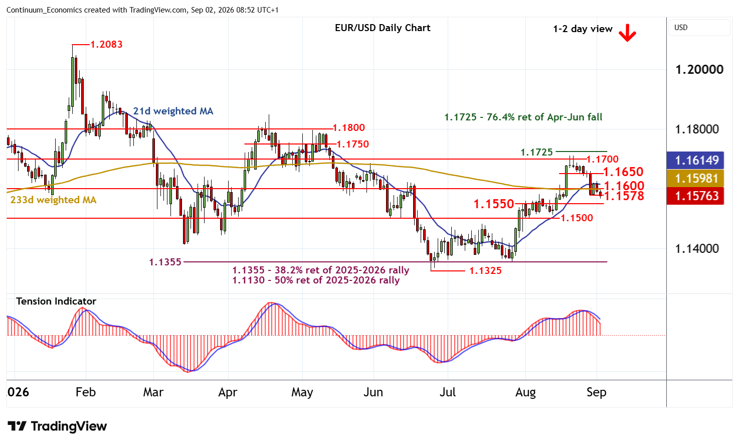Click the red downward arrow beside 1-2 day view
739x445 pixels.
[627, 33]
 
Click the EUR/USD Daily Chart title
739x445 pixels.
[383, 28]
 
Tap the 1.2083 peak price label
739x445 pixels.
[106, 44]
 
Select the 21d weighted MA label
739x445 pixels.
[173, 111]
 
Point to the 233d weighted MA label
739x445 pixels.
[54, 200]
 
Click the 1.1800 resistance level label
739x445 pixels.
[348, 128]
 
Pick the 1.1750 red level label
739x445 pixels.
[352, 144]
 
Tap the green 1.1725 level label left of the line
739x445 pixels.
[536, 152]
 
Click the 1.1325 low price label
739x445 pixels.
[485, 271]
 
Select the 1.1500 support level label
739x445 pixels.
[577, 218]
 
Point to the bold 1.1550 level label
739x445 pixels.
[494, 204]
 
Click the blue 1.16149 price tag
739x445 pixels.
[695, 161]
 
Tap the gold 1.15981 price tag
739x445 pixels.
[695, 178]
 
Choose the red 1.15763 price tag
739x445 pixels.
[695, 196]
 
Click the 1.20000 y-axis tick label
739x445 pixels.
[699, 69]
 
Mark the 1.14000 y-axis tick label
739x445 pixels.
[697, 248]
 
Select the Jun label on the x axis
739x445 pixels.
[373, 392]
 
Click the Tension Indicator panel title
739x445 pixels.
[56, 302]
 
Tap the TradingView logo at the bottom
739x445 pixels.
[57, 426]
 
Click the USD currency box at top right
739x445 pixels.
[699, 28]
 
